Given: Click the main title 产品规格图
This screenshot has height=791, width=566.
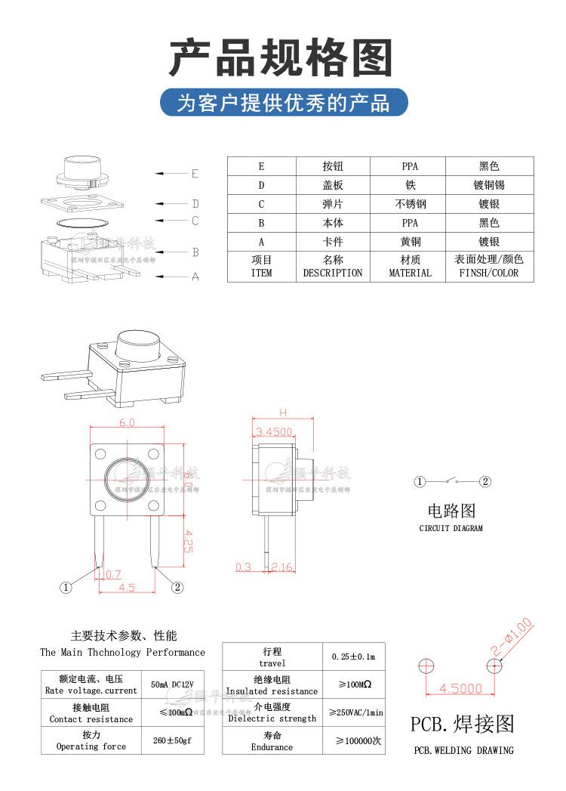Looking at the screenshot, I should pos(281,58).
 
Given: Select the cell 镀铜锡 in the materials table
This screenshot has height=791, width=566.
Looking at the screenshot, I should pos(488,185).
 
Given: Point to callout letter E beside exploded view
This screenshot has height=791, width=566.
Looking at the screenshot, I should pos(195,174).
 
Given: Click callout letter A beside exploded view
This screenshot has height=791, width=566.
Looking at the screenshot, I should pos(195,277).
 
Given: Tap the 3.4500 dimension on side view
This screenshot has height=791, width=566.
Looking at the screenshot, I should pos(274,431).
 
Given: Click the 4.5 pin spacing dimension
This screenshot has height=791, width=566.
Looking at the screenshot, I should pos(127,587).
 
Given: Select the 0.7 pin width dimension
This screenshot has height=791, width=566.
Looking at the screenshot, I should pos(112,574).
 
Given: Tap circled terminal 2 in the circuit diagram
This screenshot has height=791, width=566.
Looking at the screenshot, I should pos(485,481).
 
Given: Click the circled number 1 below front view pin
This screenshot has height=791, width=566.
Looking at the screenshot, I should pos(66,587).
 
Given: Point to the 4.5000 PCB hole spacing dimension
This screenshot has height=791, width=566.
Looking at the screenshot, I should pos(460,688).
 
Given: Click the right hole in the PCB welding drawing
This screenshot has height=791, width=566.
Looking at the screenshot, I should pos(494,666).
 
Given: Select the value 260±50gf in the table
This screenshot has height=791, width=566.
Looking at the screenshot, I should pos(172,740).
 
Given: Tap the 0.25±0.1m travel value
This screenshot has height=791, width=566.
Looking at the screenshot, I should pos(353,657).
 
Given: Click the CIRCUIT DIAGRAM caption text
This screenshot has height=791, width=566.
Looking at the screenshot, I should pos(451,528).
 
